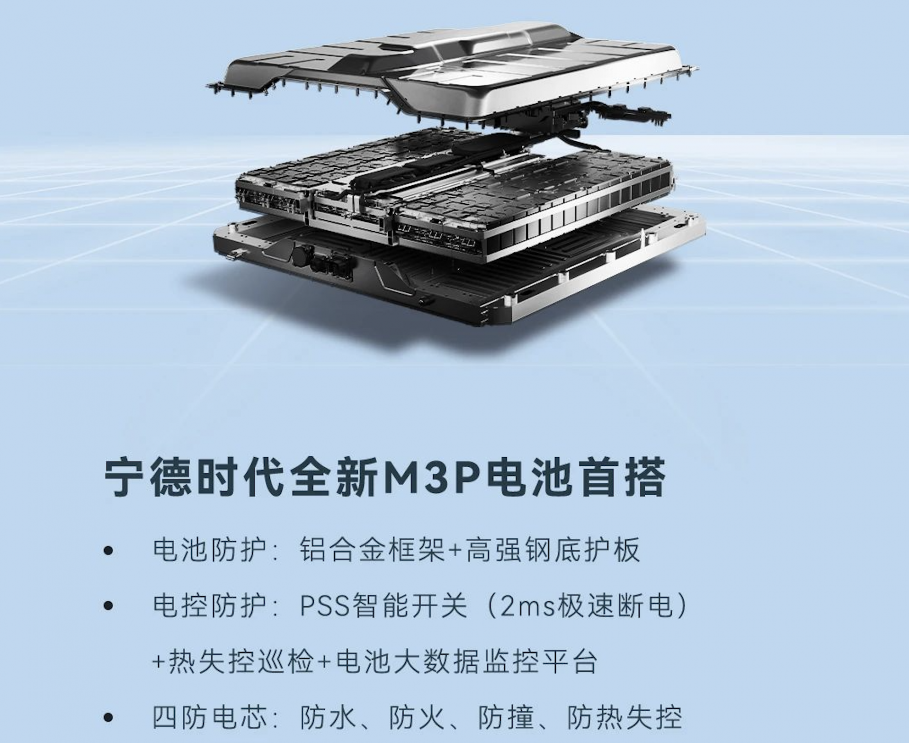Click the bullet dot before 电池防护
(x=108, y=551)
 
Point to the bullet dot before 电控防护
(x=108, y=606)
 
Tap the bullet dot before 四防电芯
(x=108, y=718)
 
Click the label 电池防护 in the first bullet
(x=209, y=550)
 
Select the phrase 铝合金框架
(x=372, y=550)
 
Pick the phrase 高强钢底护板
(x=553, y=550)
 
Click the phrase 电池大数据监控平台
(x=466, y=661)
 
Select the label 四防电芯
(x=209, y=717)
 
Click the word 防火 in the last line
(x=417, y=717)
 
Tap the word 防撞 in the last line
(x=506, y=717)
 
